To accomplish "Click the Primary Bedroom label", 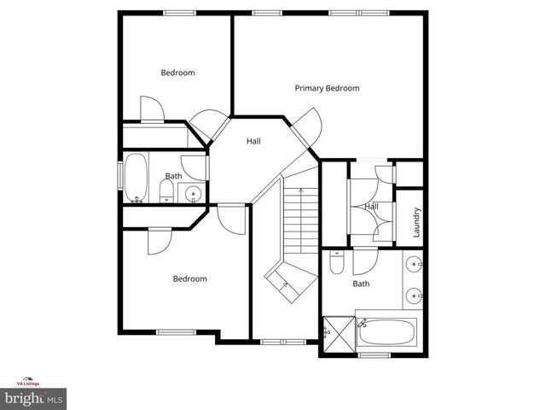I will point(327,88).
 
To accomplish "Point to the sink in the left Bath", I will point(194,194).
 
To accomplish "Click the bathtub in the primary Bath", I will point(386,331).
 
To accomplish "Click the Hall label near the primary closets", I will point(372,206).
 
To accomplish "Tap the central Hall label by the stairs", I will point(253,141).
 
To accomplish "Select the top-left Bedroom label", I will point(177,73).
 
